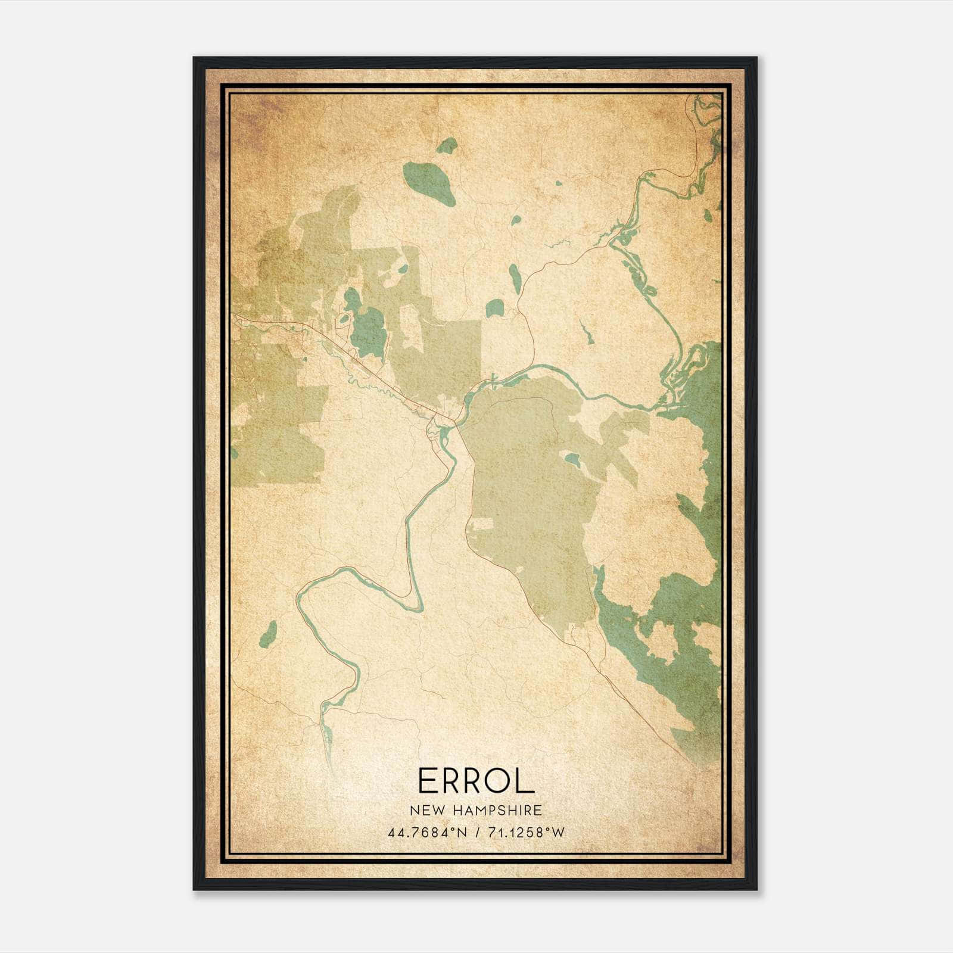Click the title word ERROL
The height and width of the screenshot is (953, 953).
coord(476,780)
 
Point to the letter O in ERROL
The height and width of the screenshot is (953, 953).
coord(497,780)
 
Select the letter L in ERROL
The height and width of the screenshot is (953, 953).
coord(525,780)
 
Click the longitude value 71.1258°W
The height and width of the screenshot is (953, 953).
coord(524,833)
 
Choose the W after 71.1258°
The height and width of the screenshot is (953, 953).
coord(558,833)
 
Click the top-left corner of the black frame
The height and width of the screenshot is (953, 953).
coord(195,58)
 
